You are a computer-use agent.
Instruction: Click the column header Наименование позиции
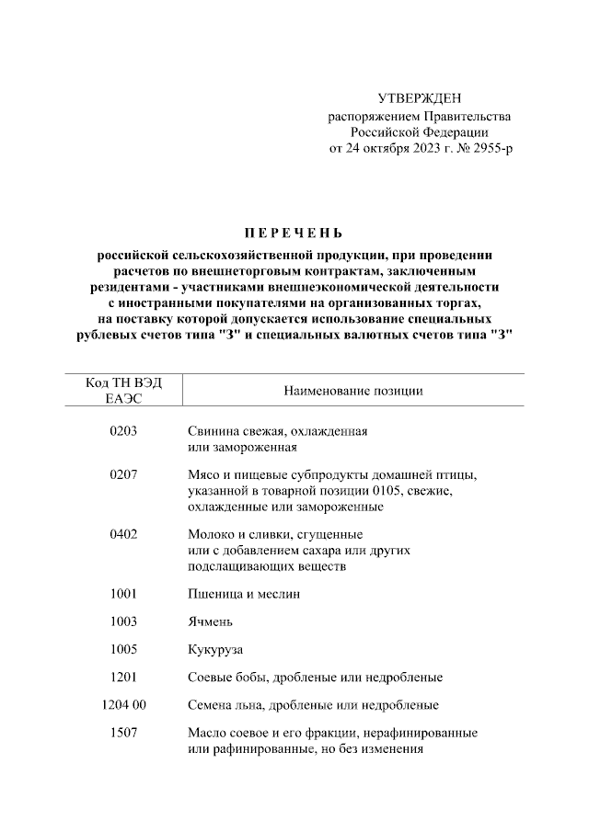point(353,391)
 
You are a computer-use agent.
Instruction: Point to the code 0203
point(122,430)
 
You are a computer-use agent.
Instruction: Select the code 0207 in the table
point(122,474)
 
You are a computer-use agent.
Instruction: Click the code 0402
point(122,534)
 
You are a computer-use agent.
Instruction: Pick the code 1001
point(122,594)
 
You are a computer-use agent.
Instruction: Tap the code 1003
point(122,621)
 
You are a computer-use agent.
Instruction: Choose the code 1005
point(122,649)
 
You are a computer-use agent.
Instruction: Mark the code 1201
point(122,678)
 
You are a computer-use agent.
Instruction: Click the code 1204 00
point(122,705)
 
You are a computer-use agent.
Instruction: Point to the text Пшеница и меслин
point(243,594)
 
